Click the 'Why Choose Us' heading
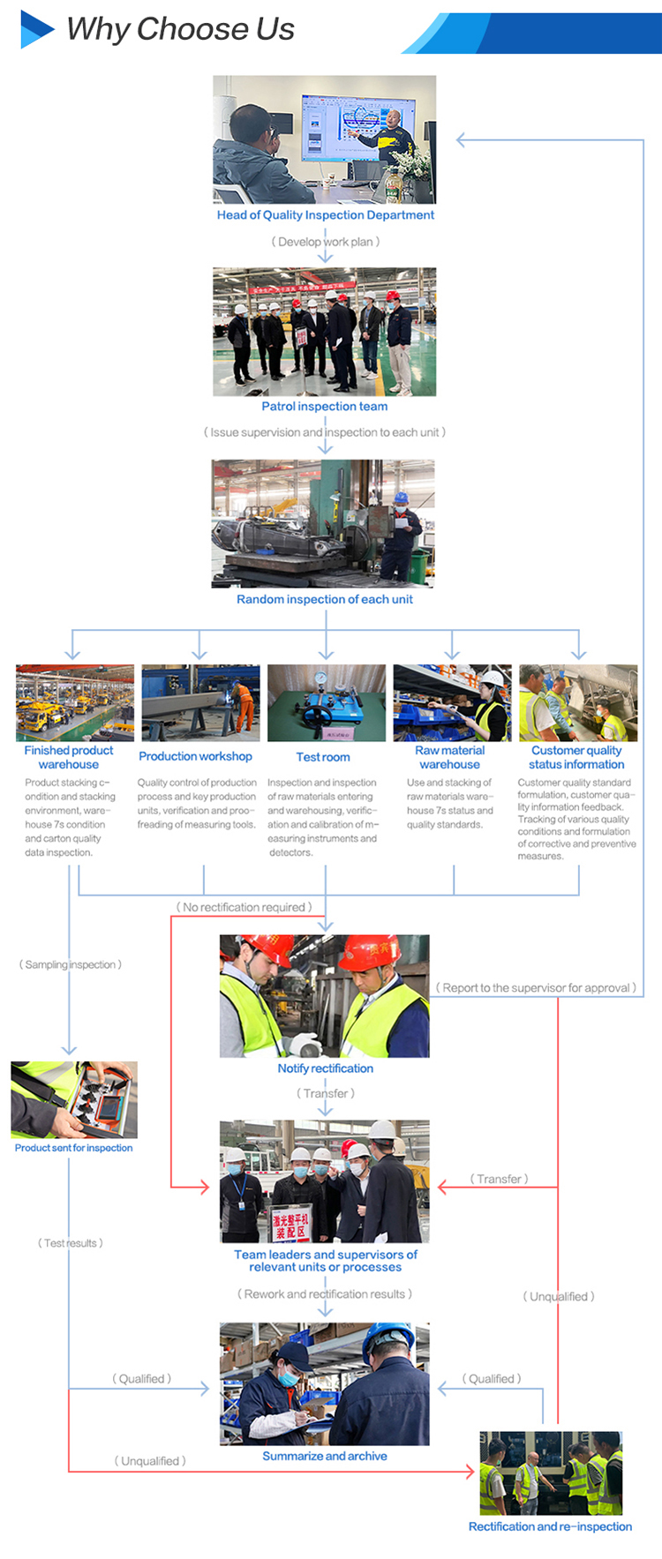pos(180,29)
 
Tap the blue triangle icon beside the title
pos(36,29)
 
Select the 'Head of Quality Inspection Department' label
pos(325,215)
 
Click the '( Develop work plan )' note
pos(325,242)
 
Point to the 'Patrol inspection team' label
pos(324,407)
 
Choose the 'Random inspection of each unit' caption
pos(324,599)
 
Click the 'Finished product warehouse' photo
pos(75,702)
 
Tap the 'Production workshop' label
pos(195,756)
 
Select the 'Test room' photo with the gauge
pos(326,702)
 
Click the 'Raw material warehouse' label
pos(449,757)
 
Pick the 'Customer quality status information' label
pos(576,757)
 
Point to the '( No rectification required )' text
pos(244,907)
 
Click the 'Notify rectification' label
pos(325,1068)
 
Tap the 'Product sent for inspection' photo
pos(74,1099)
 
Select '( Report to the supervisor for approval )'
pos(536,988)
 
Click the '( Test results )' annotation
pos(71,1243)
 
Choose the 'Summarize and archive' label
pos(324,1456)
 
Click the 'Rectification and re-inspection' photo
pos(551,1473)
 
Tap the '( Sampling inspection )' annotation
pos(71,964)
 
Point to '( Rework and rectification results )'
pos(324,1294)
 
